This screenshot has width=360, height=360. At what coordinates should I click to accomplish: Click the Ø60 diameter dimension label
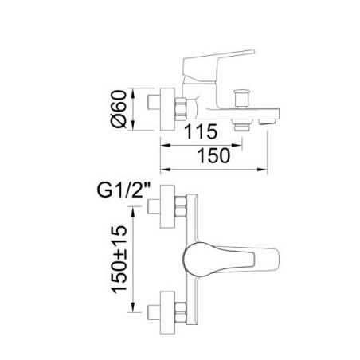tap(119, 109)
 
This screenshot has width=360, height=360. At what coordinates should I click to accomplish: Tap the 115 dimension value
tap(201, 131)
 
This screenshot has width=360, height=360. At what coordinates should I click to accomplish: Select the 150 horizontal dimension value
tap(213, 155)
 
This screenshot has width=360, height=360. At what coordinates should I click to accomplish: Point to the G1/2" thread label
tap(123, 190)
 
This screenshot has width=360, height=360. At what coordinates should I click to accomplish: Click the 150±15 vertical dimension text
tap(119, 260)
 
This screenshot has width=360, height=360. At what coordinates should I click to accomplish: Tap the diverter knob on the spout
tap(241, 99)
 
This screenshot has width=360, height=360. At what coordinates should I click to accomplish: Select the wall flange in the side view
tap(167, 109)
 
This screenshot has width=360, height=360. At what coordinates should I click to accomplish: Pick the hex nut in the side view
tap(181, 109)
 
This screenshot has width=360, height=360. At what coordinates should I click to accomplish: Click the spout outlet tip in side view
tap(268, 122)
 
